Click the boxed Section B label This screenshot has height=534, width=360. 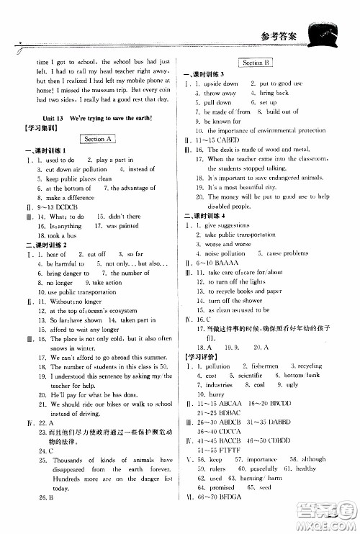click(256, 63)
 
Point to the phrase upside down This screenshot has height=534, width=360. click(221, 83)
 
